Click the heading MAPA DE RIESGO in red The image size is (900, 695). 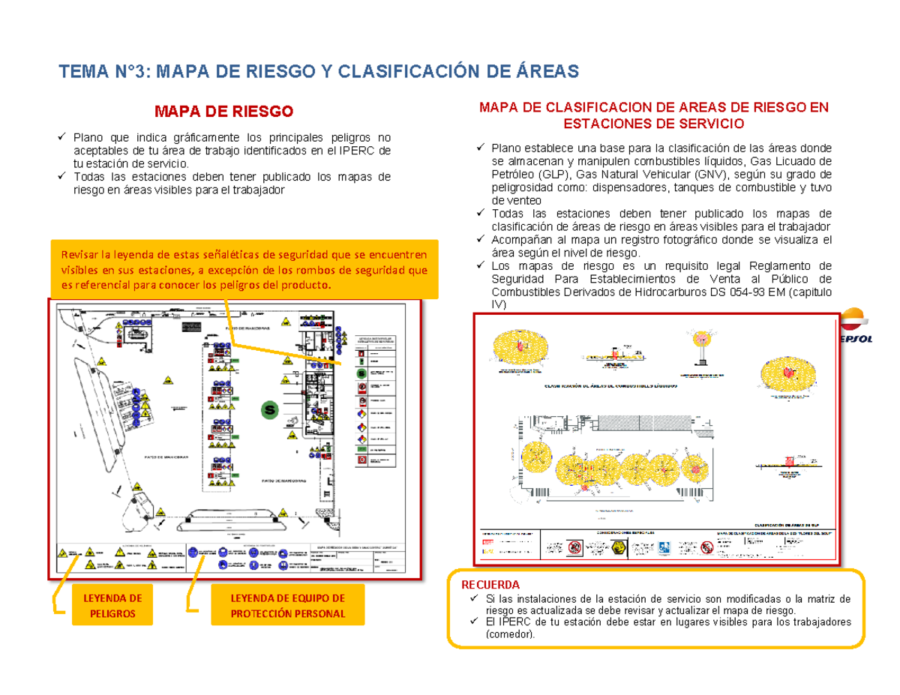(223, 112)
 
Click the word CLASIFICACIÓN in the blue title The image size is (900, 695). (402, 71)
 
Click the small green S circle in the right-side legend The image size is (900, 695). (361, 372)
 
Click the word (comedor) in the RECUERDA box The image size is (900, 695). (511, 634)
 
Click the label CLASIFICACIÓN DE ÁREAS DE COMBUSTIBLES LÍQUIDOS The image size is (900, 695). (610, 386)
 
